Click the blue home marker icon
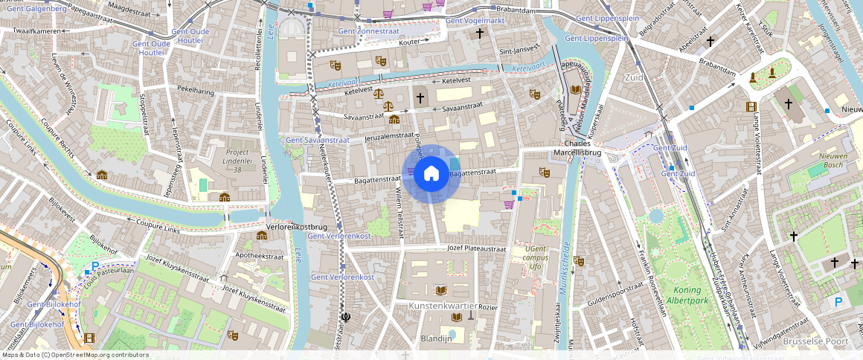[431, 173]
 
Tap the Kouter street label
[409, 42]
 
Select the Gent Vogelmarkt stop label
[475, 21]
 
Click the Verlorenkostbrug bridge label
[297, 226]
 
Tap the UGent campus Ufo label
[535, 257]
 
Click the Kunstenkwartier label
[443, 306]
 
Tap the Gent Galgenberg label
[31, 8]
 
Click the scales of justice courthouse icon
[379, 94]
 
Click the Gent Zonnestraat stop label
[368, 32]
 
